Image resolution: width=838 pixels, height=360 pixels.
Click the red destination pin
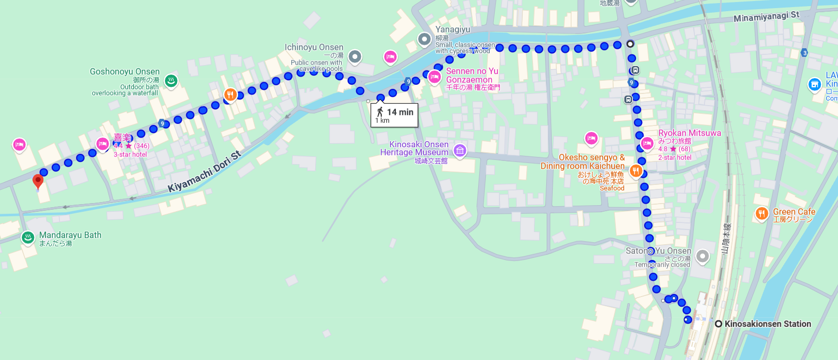pos(38,181)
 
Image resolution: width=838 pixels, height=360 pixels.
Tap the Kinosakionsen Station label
pos(767,324)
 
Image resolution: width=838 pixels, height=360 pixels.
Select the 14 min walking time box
pos(394,115)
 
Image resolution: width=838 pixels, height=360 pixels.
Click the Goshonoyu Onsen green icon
pos(171,80)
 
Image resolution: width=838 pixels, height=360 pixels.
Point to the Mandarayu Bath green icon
pos(27,237)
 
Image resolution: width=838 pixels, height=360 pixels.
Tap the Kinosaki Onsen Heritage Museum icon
pos(460,150)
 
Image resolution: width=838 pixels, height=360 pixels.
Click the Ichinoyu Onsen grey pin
pos(355,56)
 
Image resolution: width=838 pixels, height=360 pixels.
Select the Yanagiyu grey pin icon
pos(424,39)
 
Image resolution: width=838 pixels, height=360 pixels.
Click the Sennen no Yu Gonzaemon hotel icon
pos(434,77)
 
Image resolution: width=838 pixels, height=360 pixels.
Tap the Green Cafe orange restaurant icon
pos(761,213)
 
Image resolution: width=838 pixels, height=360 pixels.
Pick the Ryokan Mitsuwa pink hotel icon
pos(647,143)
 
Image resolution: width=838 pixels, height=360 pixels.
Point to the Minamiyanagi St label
pos(766,17)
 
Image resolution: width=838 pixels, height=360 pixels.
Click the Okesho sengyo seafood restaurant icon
pos(635,171)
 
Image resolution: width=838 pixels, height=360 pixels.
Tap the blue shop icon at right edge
pos(815,84)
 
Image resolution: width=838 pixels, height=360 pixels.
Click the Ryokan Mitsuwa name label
pos(689,133)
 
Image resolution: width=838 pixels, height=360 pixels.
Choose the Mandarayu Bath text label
pos(70,235)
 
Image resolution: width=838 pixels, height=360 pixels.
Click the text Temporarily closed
pos(662,265)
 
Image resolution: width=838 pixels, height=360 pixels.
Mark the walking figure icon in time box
pos(380,112)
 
